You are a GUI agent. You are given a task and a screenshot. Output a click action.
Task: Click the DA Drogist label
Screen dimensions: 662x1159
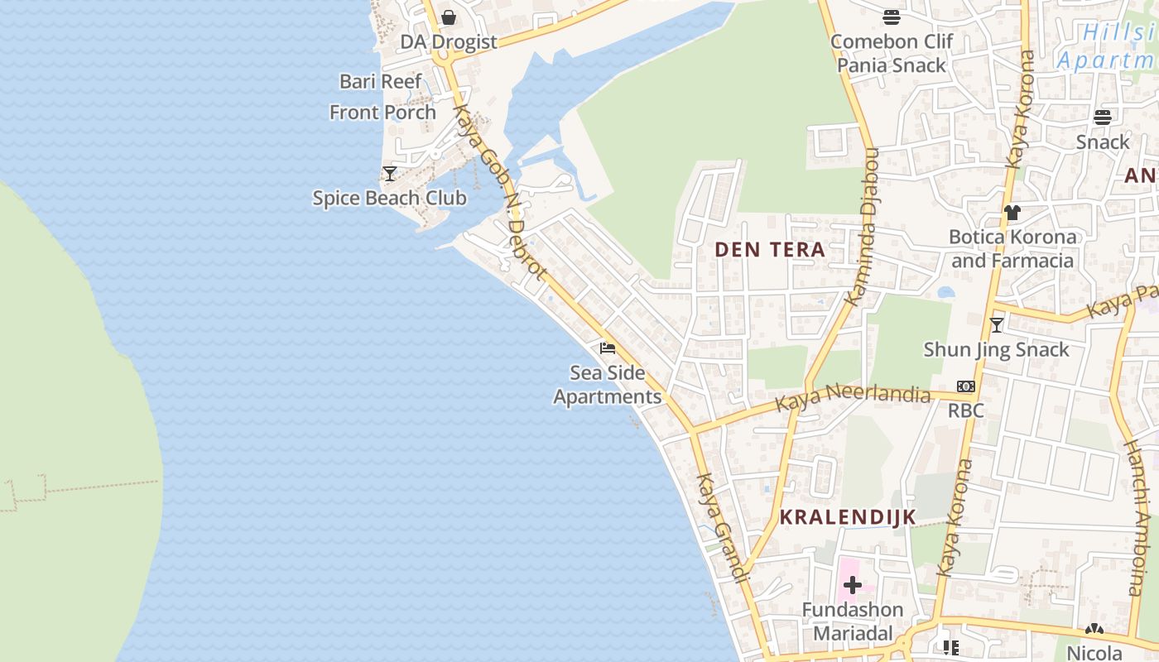[x=449, y=41]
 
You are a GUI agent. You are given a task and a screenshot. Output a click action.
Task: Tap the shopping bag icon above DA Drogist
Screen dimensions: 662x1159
[x=449, y=17]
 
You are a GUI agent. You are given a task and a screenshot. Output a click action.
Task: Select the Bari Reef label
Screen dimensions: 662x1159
[x=381, y=81]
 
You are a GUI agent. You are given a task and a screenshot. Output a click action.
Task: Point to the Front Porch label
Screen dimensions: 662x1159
[x=382, y=112]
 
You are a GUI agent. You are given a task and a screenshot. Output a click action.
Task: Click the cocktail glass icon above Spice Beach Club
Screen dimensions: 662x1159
[x=390, y=174]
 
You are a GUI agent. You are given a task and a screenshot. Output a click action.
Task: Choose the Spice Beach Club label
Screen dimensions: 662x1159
[x=389, y=198]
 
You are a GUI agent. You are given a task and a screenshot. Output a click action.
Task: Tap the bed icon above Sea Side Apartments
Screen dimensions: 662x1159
[x=608, y=348]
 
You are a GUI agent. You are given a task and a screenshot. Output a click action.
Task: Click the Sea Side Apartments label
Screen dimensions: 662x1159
[x=608, y=385]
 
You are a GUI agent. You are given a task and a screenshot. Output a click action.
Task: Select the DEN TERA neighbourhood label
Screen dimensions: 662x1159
[x=770, y=249]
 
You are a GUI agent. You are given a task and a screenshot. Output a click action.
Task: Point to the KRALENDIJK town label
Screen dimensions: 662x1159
[x=848, y=517]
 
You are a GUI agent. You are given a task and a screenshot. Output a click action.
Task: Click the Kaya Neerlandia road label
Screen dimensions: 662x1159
[x=853, y=397]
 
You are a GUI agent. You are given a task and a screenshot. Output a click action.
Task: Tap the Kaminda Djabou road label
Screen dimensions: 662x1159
[x=863, y=228]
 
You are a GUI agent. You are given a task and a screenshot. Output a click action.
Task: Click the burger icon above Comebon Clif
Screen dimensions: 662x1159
[x=892, y=17]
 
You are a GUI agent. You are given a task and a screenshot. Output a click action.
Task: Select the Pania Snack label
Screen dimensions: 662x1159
[x=892, y=65]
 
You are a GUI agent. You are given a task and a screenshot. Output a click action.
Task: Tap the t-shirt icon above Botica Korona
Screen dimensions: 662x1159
[x=1012, y=213]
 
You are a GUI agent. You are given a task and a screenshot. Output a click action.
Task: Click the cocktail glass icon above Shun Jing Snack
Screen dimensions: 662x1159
[x=997, y=325]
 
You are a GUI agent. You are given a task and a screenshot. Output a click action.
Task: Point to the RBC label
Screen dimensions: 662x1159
[x=966, y=410]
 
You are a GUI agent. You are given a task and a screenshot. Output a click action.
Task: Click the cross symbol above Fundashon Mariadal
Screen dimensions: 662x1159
[x=852, y=586]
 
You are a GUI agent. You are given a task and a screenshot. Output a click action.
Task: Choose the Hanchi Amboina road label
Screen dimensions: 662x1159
[x=1141, y=517]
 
